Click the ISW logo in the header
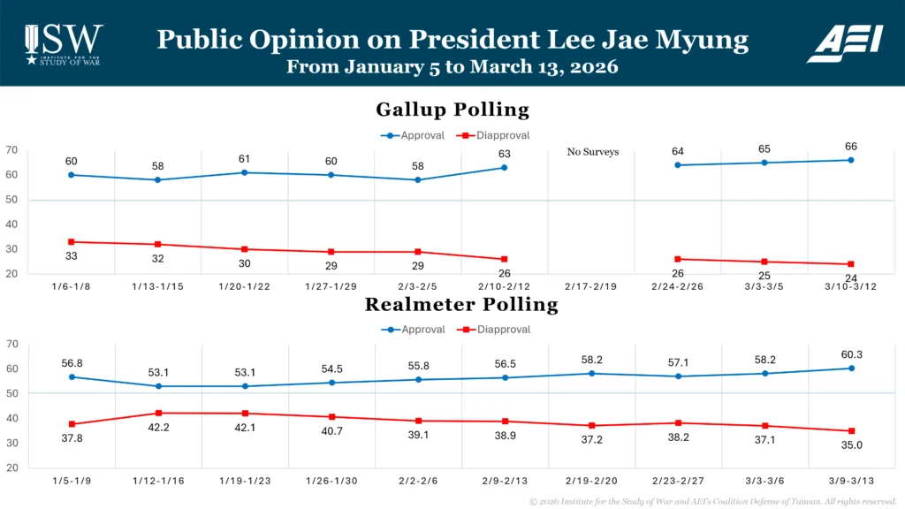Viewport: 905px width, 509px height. (64, 43)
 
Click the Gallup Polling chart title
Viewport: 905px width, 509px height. (452, 110)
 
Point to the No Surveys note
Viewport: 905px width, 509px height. (593, 152)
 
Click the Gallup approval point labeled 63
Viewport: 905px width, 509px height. (504, 167)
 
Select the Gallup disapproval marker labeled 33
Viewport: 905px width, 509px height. (71, 241)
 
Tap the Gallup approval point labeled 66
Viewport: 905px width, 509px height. (851, 160)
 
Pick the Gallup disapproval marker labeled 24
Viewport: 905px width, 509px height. (851, 264)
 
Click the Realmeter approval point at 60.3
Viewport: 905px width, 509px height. (851, 368)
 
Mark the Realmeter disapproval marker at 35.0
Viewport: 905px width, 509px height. (851, 431)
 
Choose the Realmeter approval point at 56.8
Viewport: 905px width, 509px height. (71, 376)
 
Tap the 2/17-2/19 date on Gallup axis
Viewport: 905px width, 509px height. (591, 288)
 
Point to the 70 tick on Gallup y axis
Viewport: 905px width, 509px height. (11, 150)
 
